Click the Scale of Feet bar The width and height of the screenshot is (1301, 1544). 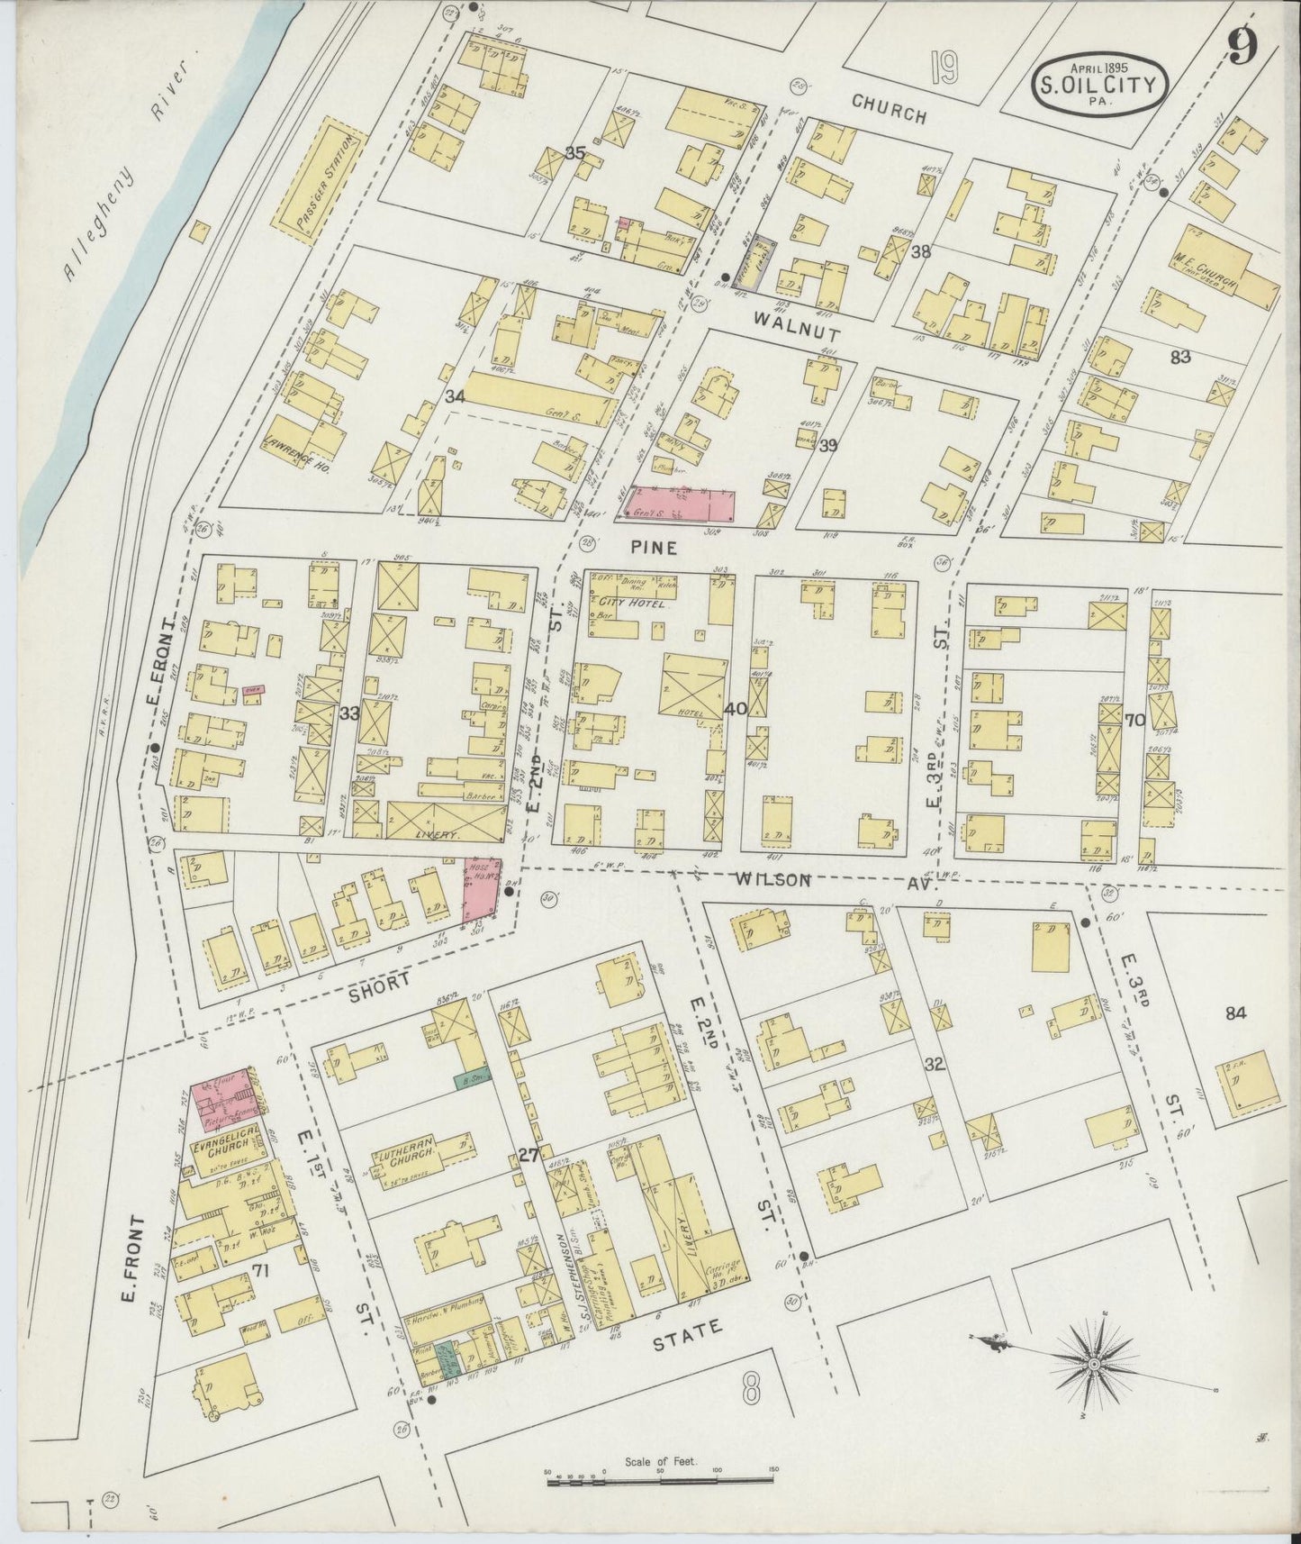(x=662, y=1478)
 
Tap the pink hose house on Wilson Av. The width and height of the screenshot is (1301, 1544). (x=481, y=890)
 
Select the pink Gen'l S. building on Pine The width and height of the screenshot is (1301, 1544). (x=683, y=504)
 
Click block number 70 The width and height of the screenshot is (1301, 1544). (x=1134, y=720)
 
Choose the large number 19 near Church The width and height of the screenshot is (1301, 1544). (x=943, y=68)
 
